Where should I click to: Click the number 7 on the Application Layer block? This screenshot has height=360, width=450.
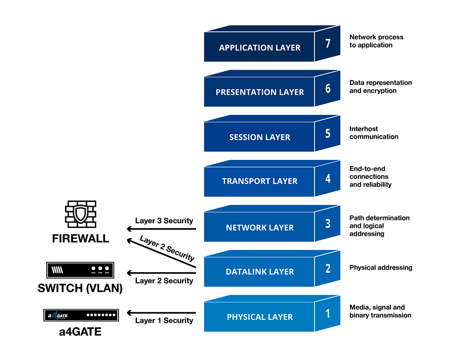click(x=328, y=43)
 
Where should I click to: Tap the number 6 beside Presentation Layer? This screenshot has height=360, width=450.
click(x=328, y=88)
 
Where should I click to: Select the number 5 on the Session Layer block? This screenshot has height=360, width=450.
click(x=328, y=133)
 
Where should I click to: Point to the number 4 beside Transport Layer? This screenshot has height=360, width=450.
click(x=328, y=178)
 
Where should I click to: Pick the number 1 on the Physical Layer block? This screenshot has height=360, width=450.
click(x=328, y=313)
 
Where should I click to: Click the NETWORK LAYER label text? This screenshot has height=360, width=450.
click(x=260, y=228)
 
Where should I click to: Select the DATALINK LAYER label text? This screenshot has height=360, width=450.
click(x=260, y=272)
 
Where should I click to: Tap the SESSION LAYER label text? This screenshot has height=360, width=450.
click(x=260, y=137)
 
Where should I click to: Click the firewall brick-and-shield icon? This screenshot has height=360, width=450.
click(x=81, y=214)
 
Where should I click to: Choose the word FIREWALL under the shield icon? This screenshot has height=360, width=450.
click(x=81, y=239)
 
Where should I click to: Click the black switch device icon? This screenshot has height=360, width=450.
click(x=80, y=270)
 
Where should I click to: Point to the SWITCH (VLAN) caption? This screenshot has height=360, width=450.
click(x=80, y=288)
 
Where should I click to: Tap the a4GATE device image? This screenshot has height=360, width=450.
click(x=81, y=315)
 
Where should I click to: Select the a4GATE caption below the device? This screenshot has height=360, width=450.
click(x=80, y=332)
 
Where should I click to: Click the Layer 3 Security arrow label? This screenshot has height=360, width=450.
click(x=164, y=221)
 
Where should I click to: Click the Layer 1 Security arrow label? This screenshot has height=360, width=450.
click(x=164, y=320)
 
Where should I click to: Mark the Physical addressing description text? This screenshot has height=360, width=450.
click(x=381, y=267)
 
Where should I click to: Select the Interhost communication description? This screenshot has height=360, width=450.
click(x=374, y=133)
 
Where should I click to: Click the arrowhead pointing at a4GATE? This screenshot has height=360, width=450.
click(x=129, y=313)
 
